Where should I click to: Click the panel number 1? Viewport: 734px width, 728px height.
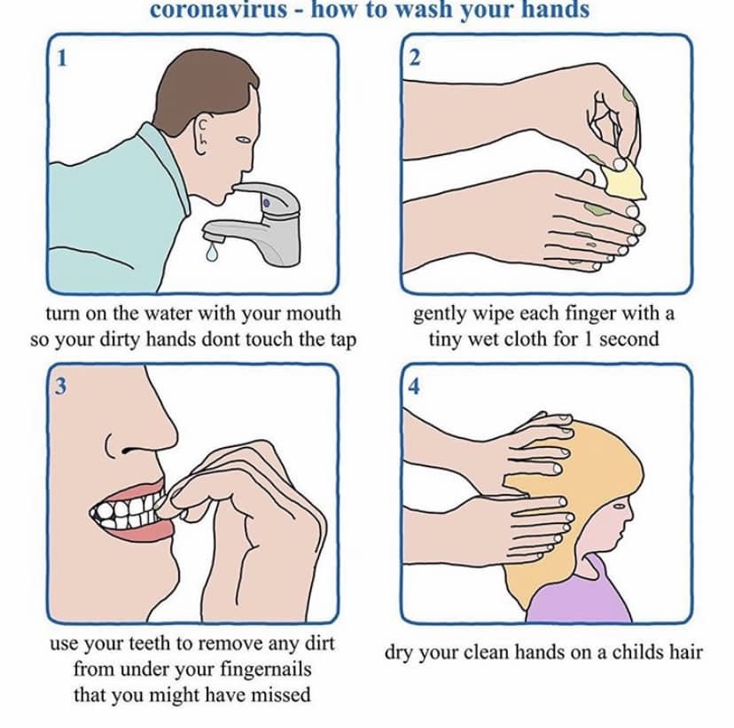point(62,58)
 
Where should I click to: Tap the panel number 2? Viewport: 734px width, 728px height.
point(414,58)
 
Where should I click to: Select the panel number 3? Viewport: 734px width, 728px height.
point(61,387)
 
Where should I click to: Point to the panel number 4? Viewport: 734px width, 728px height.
point(414,387)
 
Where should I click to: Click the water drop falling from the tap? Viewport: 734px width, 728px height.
point(212,252)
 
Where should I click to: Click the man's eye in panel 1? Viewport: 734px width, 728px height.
point(244,139)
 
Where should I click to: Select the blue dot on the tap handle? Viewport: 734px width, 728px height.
point(266,204)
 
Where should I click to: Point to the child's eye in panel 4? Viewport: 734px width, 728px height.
point(619,506)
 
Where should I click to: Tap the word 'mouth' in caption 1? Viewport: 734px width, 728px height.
point(313,313)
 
